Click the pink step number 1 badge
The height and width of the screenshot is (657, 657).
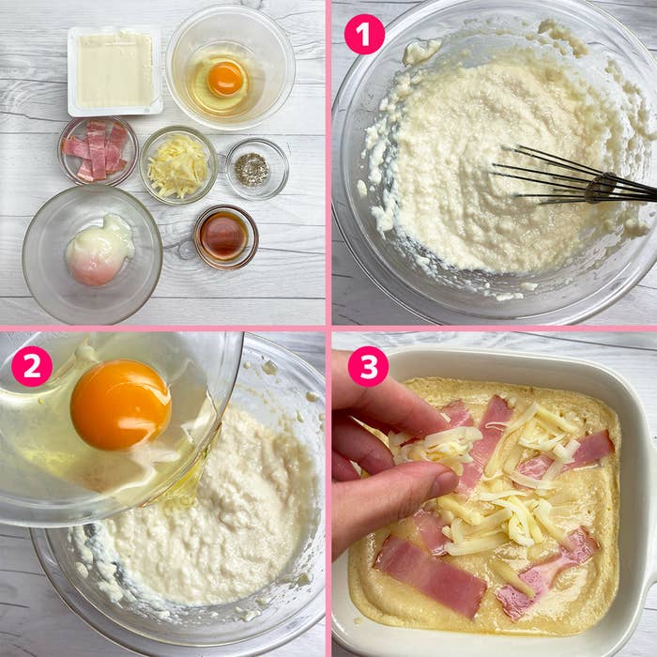pyautogui.click(x=364, y=35)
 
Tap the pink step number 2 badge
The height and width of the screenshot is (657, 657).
pyautogui.click(x=31, y=366)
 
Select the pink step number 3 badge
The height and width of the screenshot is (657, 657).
pyautogui.click(x=368, y=366)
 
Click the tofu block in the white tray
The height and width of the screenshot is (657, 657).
pyautogui.click(x=115, y=70)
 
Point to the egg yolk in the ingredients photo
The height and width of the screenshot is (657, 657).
pyautogui.click(x=226, y=78)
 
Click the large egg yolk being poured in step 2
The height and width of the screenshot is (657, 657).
pyautogui.click(x=120, y=404)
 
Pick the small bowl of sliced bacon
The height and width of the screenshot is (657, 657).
pyautogui.click(x=97, y=150)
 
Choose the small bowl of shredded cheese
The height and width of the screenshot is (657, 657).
pyautogui.click(x=177, y=166)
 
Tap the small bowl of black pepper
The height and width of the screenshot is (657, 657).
pyautogui.click(x=251, y=169)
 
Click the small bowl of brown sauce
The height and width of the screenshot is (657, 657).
pyautogui.click(x=224, y=237)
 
